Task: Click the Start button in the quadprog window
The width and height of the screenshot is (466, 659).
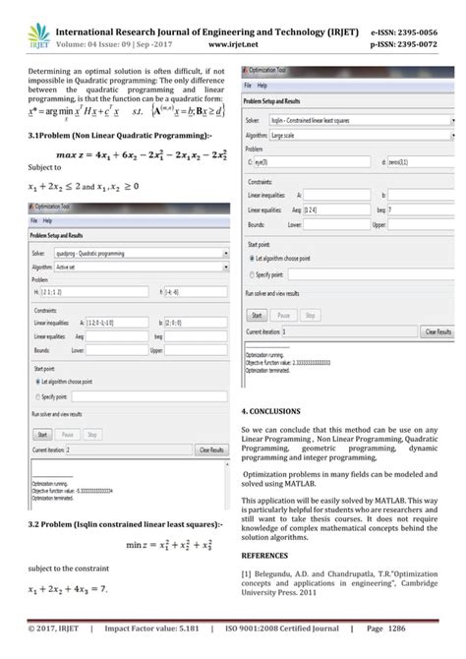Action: pos(42,433)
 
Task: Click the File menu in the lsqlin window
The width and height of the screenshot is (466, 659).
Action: pos(249,86)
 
